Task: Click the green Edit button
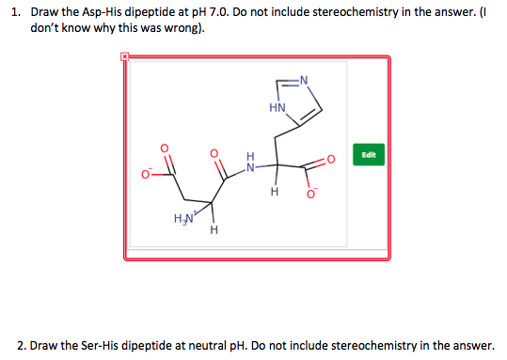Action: tap(368, 153)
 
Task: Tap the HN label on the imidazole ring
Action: tap(277, 108)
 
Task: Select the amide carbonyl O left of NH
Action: tap(214, 151)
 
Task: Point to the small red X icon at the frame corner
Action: tap(123, 57)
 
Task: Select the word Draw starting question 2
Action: tap(46, 345)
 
